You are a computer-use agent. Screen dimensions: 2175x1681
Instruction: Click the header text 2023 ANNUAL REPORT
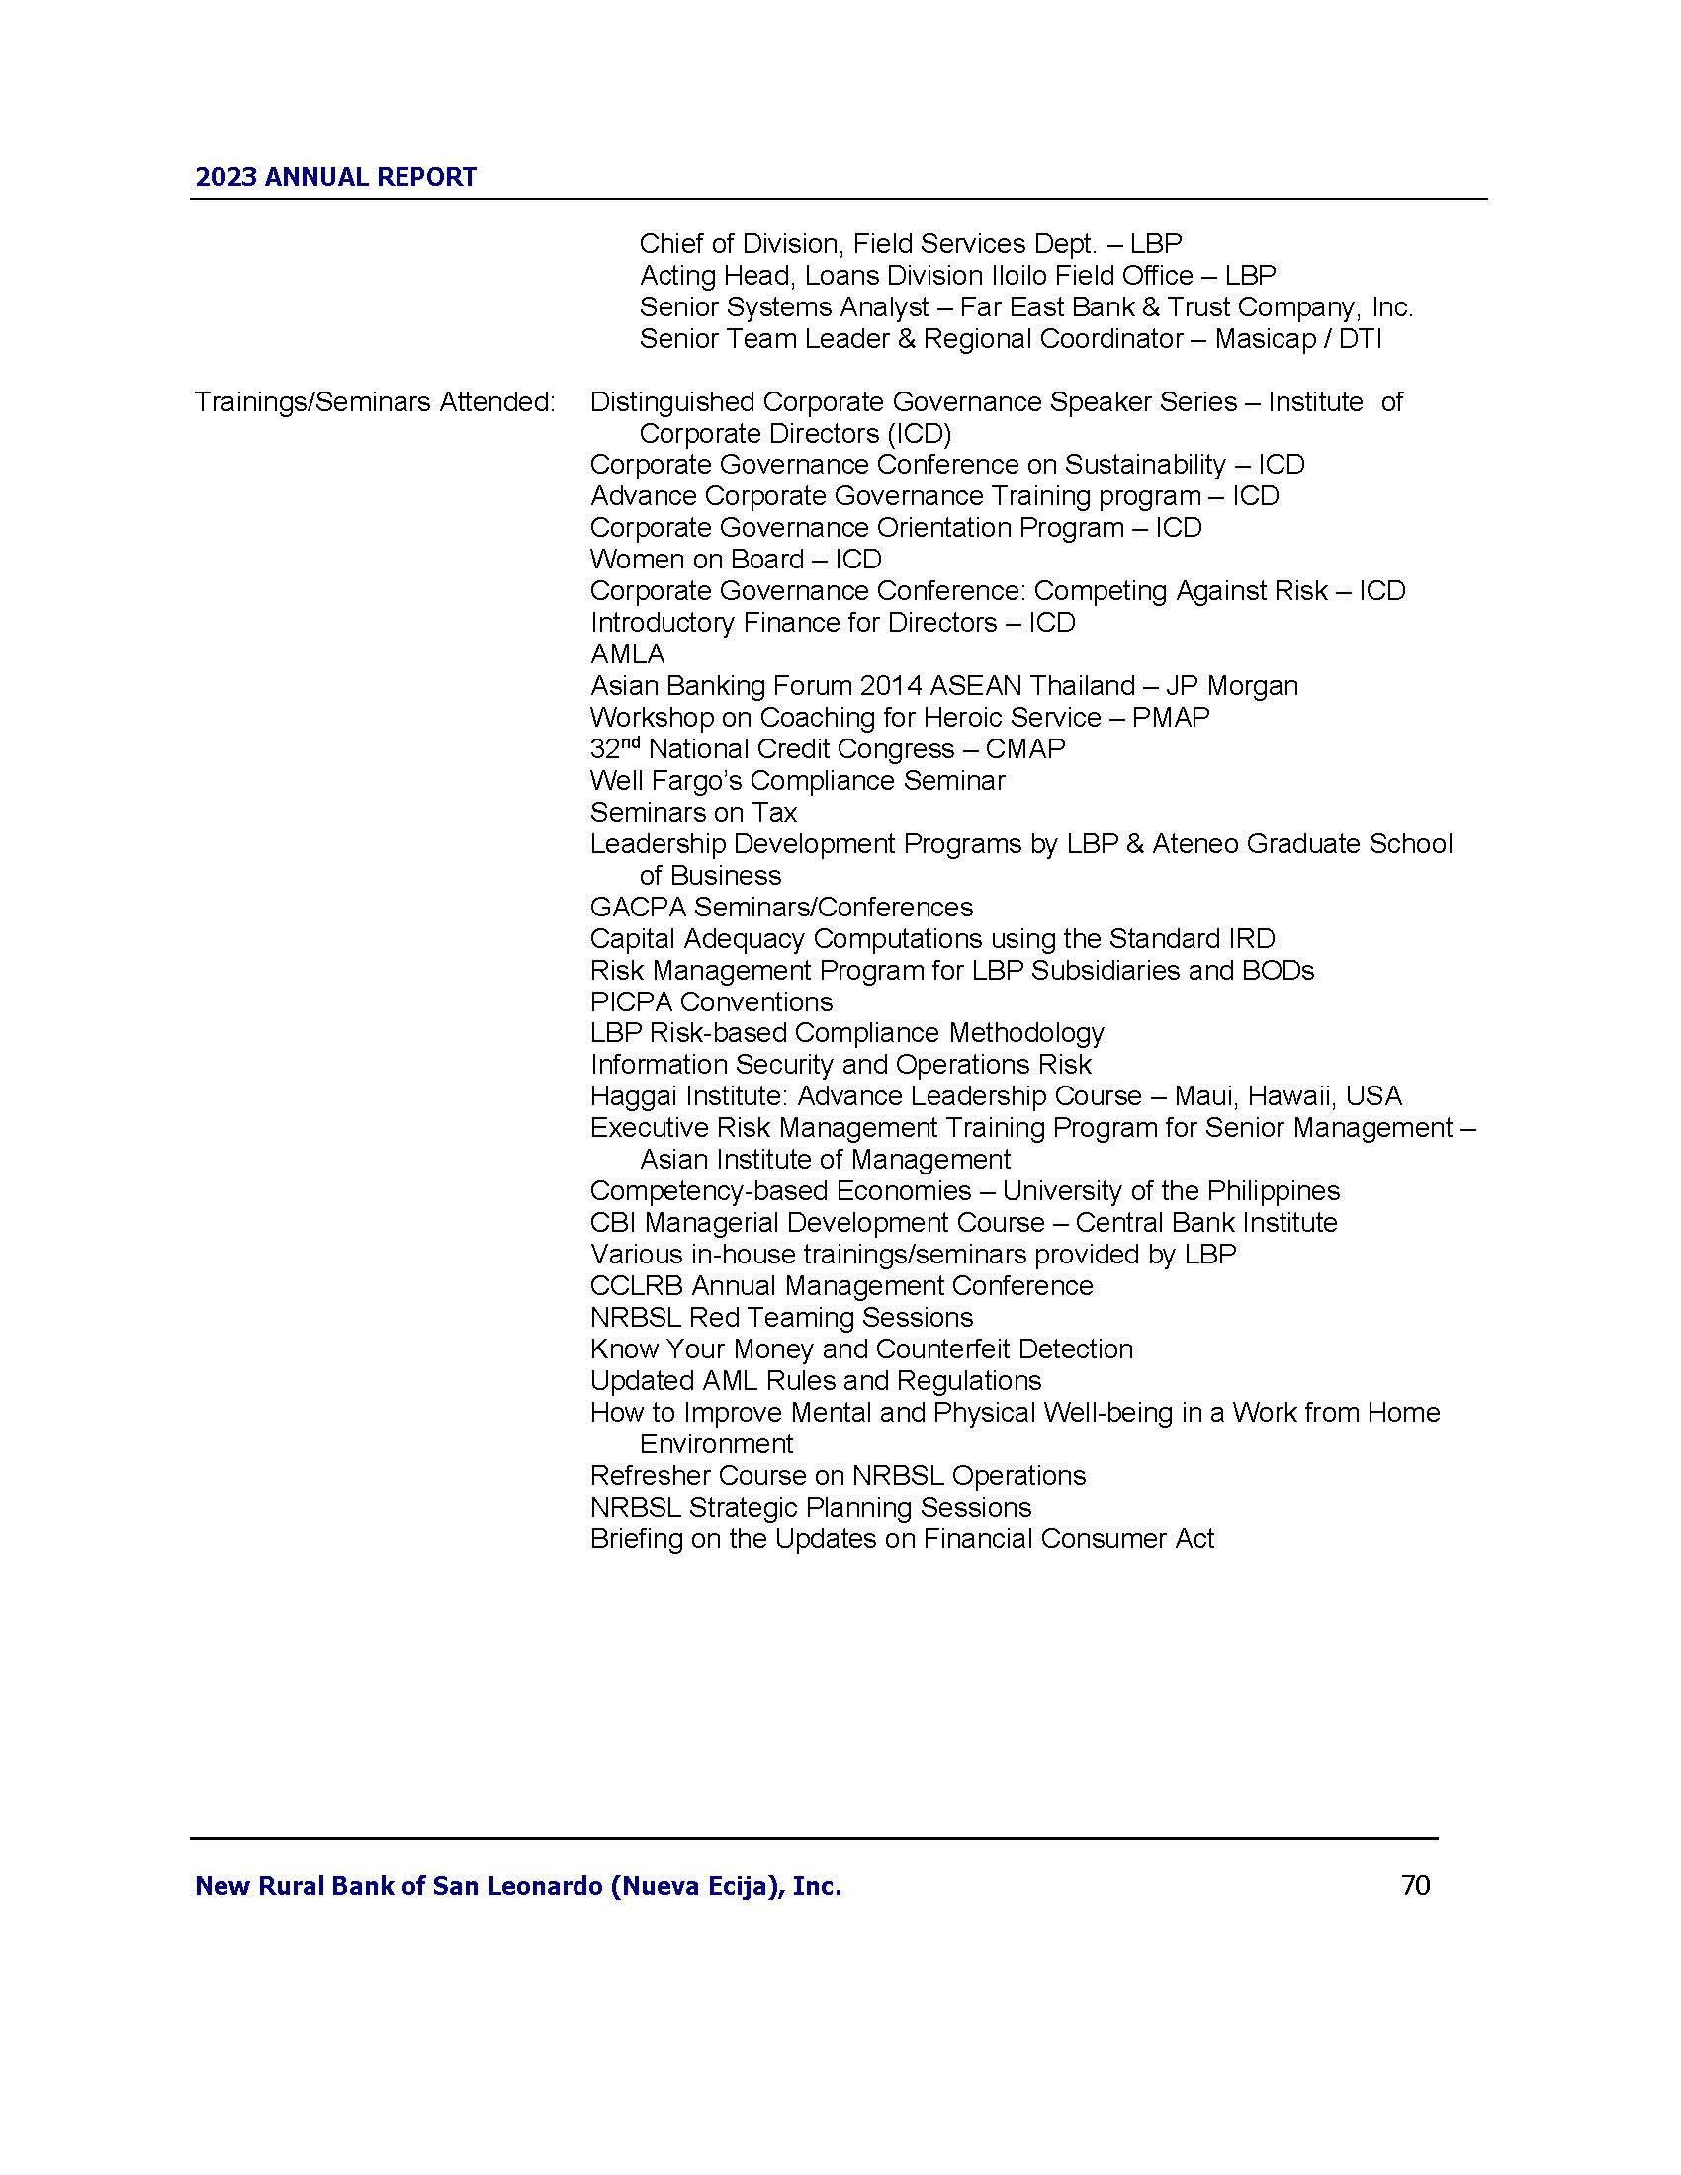click(x=335, y=177)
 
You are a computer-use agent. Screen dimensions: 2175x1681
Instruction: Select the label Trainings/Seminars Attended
click(x=375, y=402)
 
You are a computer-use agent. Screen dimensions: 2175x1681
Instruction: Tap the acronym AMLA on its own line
click(x=627, y=654)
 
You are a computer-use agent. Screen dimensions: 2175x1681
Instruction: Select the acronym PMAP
click(x=1170, y=718)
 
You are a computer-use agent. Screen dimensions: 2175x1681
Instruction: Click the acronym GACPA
click(x=638, y=908)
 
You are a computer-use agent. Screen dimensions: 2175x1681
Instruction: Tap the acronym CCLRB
click(x=636, y=1285)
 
